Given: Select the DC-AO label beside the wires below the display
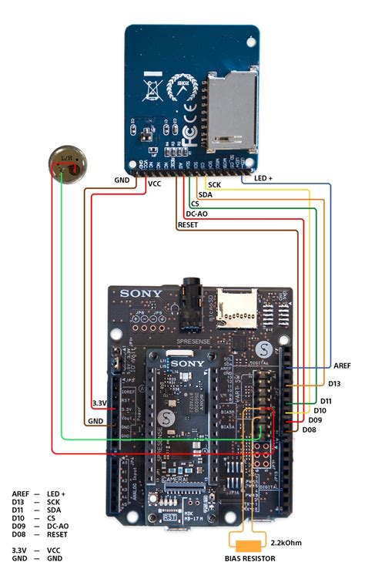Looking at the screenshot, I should [196, 214].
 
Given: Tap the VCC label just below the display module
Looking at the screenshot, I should [154, 184].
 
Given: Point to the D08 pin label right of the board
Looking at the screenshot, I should [310, 429].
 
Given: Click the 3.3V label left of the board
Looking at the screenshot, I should [99, 402].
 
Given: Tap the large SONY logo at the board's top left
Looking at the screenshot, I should [139, 294].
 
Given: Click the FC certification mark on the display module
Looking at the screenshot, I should [189, 130].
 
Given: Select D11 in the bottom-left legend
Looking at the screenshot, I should [18, 510].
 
